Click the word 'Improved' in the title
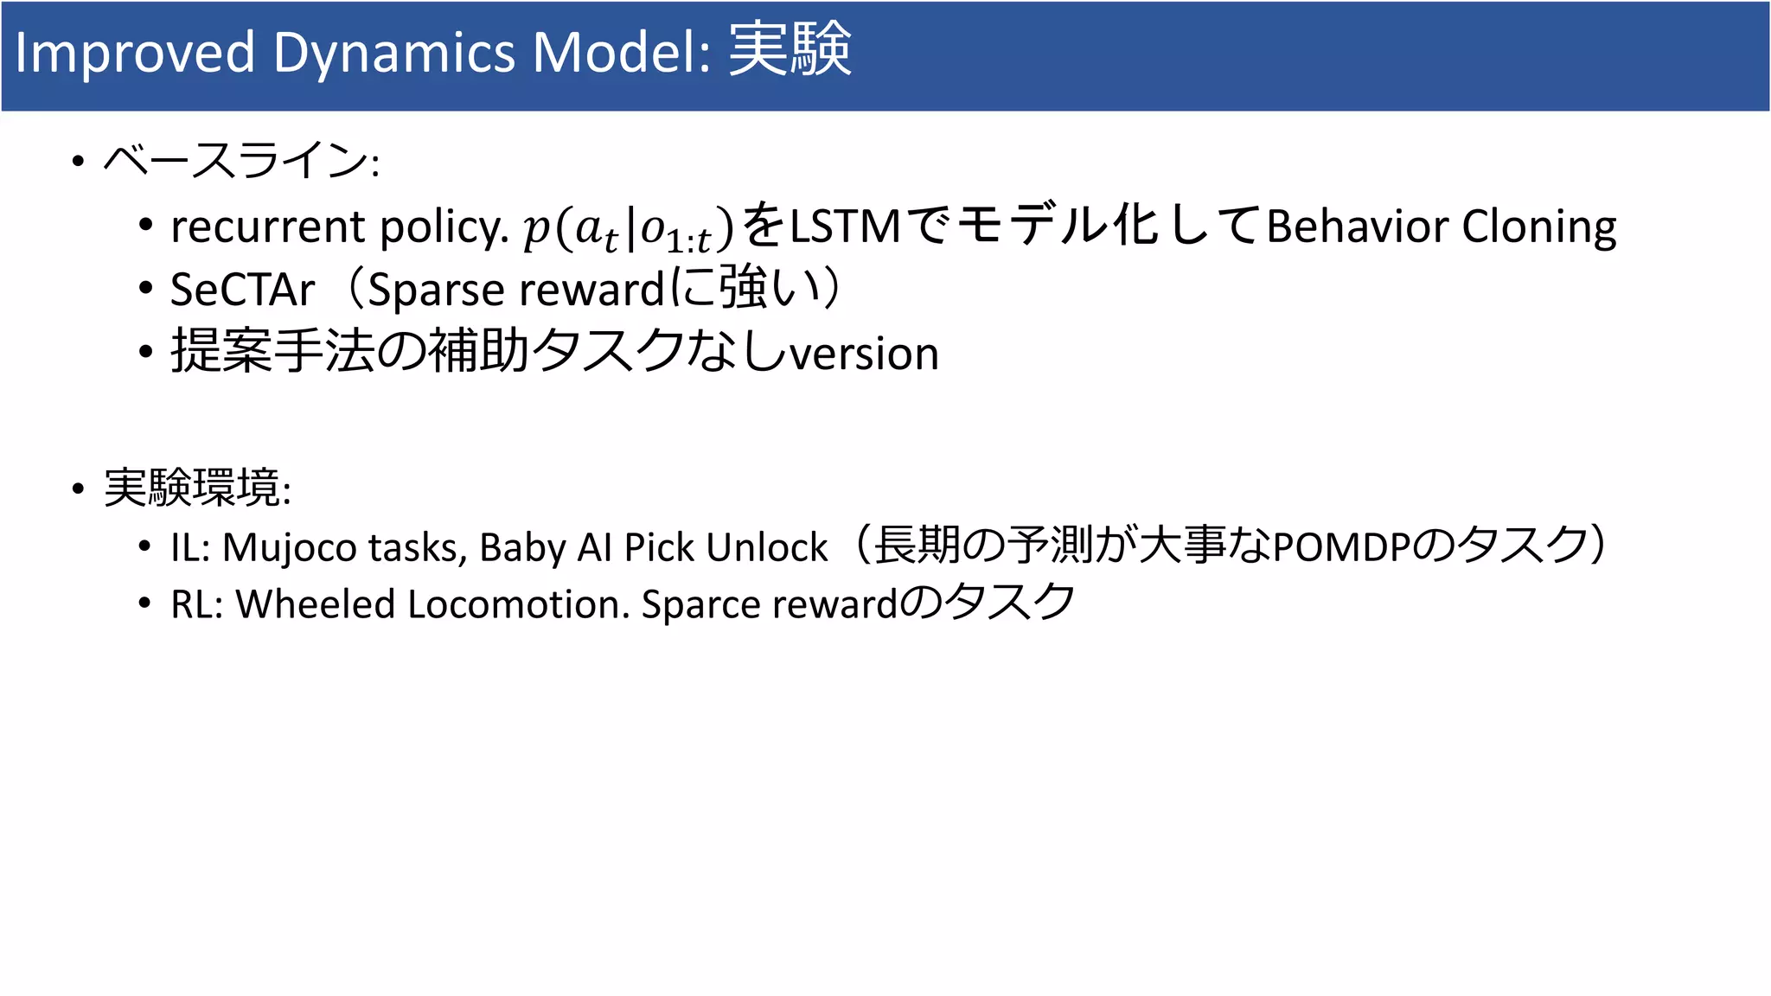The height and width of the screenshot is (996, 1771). pos(135,54)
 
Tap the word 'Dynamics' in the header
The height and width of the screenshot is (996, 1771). pos(393,54)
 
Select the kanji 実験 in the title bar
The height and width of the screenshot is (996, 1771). pos(790,50)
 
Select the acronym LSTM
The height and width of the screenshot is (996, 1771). pos(845,227)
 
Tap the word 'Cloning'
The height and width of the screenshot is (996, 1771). pos(1538,227)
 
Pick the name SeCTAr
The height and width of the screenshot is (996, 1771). pos(242,290)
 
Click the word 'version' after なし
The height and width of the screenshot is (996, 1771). pos(865,354)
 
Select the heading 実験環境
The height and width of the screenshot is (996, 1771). pos(192,488)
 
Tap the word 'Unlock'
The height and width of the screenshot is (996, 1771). pos(766,547)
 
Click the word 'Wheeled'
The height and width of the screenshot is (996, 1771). pos(315,604)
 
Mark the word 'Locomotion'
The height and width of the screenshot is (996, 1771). pos(518,604)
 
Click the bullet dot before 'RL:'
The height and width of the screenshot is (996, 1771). pos(145,603)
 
